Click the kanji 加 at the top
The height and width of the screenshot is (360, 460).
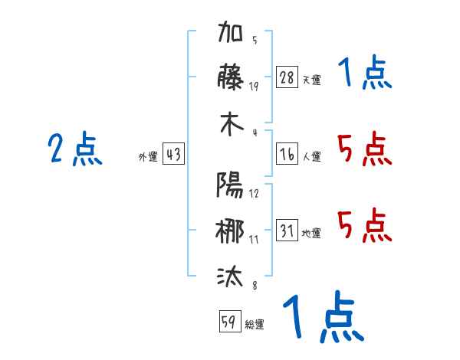[x=230, y=31]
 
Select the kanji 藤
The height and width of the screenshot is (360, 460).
[x=230, y=77]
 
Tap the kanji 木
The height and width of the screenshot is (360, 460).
[x=232, y=124]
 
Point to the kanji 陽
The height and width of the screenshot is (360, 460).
[x=230, y=185]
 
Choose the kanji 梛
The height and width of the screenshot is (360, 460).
[x=230, y=231]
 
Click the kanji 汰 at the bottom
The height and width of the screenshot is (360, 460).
[x=230, y=277]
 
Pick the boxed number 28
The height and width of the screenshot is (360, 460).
[x=287, y=77]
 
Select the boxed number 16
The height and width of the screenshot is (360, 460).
[x=287, y=154]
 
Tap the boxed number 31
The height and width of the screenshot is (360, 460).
[x=287, y=230]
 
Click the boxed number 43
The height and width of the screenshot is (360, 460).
[x=173, y=154]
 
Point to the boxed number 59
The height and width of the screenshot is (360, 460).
[x=230, y=321]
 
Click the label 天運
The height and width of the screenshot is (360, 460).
[x=312, y=80]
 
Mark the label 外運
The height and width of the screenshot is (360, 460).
[x=148, y=156]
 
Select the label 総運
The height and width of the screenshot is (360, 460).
[x=255, y=324]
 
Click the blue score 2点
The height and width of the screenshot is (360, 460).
[x=75, y=149]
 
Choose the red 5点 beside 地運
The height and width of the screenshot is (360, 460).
[x=365, y=225]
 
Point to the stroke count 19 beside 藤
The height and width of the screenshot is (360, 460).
[x=254, y=87]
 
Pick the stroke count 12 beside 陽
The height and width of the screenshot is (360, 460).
[x=254, y=194]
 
